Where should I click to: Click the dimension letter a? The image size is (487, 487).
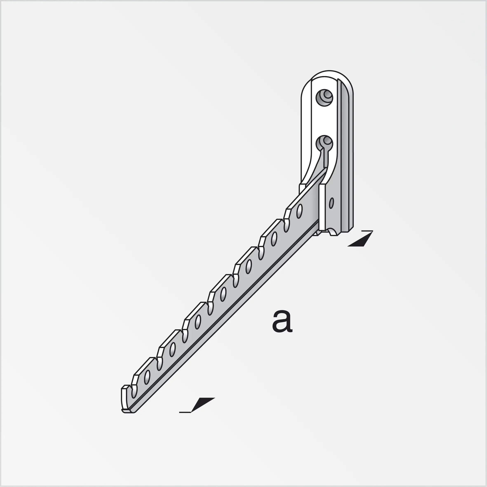[282, 321]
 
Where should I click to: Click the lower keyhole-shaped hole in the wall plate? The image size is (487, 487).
[325, 144]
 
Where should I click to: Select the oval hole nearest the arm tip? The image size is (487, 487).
[147, 377]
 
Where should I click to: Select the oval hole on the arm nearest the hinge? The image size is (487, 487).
[299, 211]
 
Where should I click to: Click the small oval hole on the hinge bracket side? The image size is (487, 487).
[331, 203]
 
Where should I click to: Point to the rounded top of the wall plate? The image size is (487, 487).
[329, 74]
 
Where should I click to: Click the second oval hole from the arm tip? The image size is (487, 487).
[173, 350]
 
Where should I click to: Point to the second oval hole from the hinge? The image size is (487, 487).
[274, 239]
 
